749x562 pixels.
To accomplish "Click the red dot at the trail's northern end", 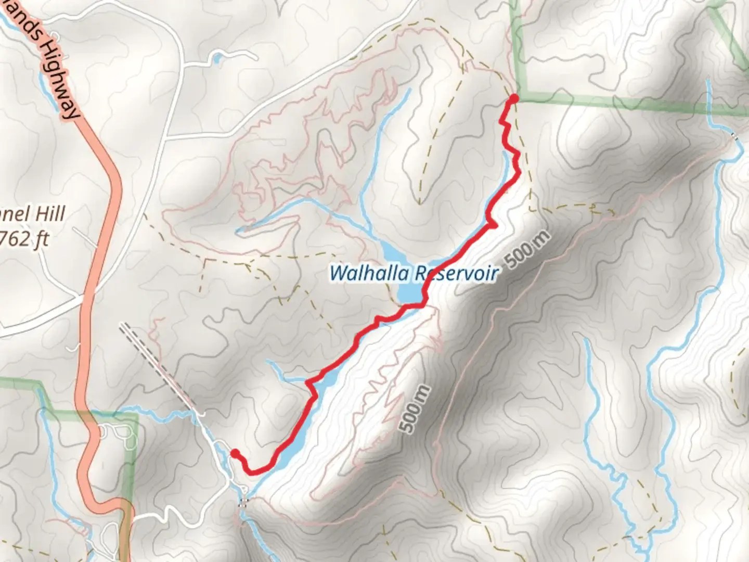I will pos(513,98).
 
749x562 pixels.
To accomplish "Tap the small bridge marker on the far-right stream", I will pos(734,136).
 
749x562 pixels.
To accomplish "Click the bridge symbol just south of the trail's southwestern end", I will pos(243,502).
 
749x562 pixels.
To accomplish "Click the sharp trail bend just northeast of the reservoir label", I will pos(492,225).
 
